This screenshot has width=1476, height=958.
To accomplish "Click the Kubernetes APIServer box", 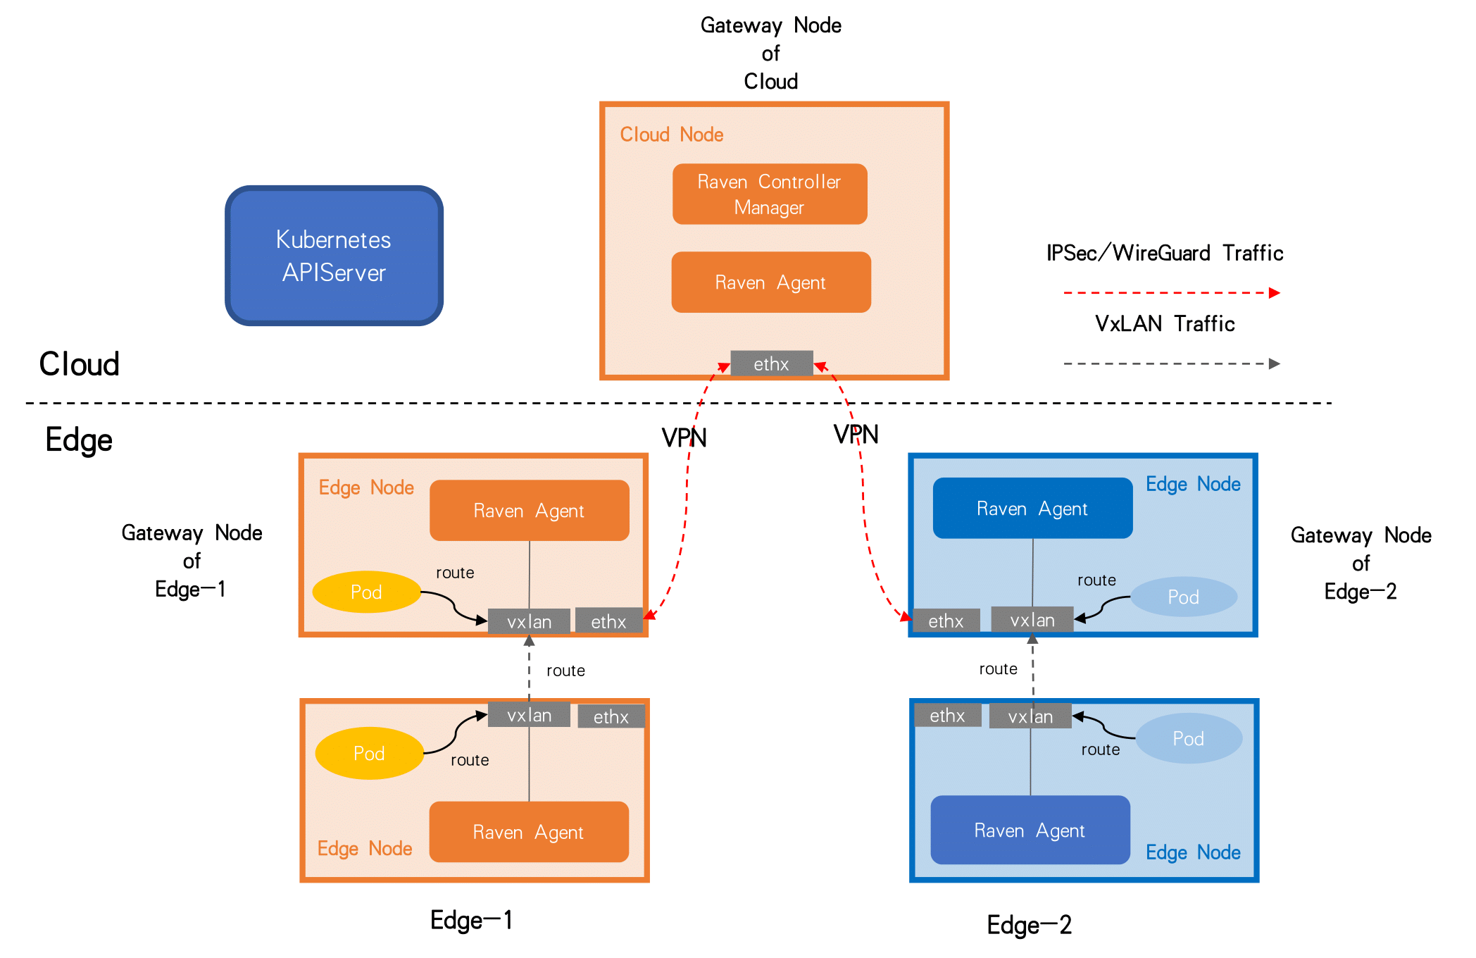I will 334,256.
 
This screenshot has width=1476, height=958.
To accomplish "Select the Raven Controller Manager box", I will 769,194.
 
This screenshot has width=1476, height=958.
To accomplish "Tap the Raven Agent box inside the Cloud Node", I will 770,282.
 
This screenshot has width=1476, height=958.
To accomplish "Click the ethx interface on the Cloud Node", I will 771,363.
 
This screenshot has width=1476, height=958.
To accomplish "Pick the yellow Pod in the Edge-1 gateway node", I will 366,592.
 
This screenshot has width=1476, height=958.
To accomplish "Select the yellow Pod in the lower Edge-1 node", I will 369,753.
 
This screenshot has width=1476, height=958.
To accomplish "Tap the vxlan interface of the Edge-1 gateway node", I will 529,621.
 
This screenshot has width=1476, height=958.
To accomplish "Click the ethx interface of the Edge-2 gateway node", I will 946,621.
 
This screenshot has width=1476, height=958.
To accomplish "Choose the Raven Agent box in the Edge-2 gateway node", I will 1032,509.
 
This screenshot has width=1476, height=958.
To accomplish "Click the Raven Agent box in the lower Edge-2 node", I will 1030,831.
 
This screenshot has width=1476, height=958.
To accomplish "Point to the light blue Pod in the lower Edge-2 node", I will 1188,738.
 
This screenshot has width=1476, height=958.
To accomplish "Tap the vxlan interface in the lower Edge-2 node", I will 1030,716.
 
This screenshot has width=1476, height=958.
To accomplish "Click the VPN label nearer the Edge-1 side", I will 684,438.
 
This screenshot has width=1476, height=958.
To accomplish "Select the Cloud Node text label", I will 671,135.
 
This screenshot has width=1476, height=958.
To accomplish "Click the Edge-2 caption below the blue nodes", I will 1029,925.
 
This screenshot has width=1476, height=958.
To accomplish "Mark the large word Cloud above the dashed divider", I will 79,364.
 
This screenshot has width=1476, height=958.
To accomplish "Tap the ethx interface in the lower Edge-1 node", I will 611,717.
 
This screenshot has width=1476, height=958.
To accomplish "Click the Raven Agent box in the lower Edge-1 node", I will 528,832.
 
